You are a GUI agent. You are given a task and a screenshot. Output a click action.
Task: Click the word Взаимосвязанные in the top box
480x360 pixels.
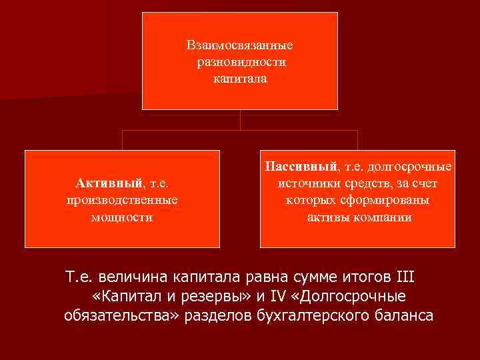click(240, 46)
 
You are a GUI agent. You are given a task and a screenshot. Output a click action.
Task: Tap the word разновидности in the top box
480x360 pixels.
click(240, 63)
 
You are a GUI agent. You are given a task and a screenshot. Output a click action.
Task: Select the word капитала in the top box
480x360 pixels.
click(240, 79)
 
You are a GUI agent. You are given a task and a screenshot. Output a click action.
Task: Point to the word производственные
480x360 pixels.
click(122, 199)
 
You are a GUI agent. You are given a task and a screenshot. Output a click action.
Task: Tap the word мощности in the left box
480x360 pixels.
click(122, 217)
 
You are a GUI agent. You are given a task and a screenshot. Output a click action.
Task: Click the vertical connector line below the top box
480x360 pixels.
click(240, 119)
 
